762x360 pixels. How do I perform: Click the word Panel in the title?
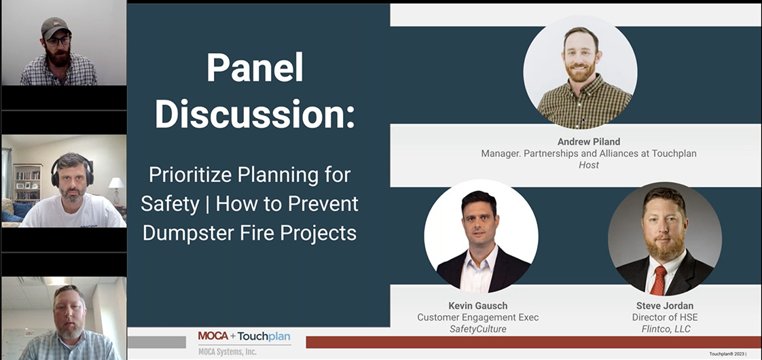(255, 68)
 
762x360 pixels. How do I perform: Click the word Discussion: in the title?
(255, 115)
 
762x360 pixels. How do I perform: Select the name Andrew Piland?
(589, 143)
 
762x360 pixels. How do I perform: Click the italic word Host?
(589, 164)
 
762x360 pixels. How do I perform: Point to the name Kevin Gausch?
(477, 306)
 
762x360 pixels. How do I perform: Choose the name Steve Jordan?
(664, 306)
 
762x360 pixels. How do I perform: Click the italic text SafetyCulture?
(477, 329)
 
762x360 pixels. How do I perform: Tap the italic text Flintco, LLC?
(664, 329)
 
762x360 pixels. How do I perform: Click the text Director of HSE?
(664, 317)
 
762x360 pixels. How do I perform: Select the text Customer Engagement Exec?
(477, 317)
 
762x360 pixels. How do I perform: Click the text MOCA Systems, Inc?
(228, 352)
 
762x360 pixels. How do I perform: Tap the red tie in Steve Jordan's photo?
(658, 280)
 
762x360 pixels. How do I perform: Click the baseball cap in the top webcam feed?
(56, 27)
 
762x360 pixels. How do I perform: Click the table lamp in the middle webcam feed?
(116, 190)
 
